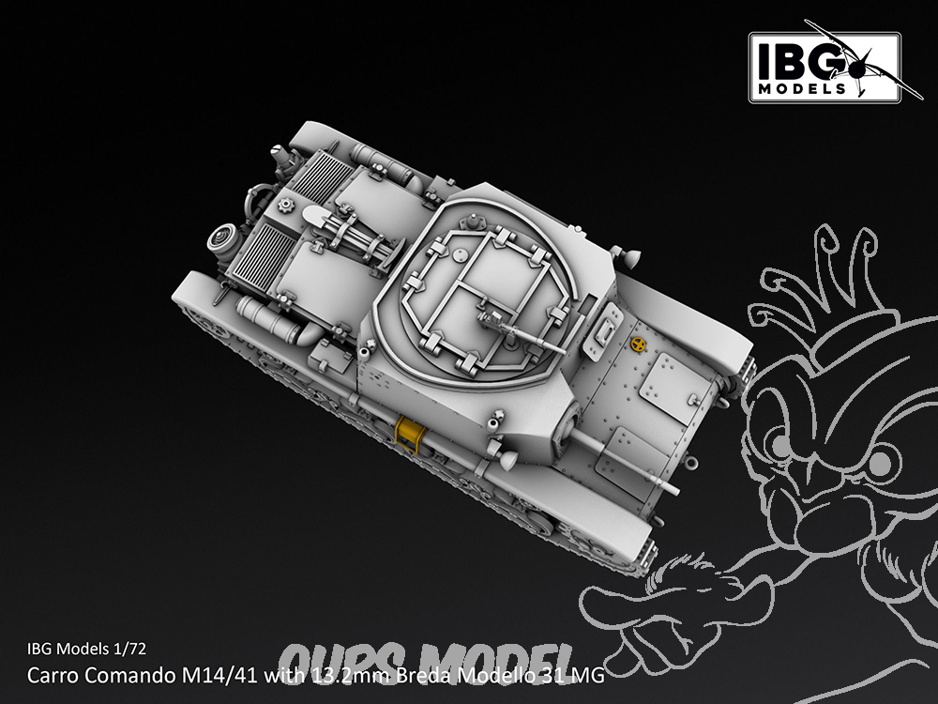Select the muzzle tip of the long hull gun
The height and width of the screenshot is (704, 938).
(675, 490)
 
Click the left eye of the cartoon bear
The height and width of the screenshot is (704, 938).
(781, 445)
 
